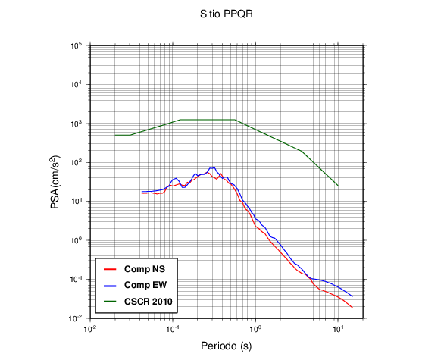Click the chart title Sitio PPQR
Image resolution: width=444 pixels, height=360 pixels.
(227, 14)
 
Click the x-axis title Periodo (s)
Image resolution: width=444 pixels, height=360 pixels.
(227, 346)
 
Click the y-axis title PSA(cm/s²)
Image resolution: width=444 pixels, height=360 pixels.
(55, 182)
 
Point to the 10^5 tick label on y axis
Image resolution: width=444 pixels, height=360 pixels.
(77, 45)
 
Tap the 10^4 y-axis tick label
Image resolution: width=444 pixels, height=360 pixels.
(77, 85)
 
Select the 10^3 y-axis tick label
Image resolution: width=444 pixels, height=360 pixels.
(77, 124)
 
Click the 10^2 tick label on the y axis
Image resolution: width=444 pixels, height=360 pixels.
(77, 163)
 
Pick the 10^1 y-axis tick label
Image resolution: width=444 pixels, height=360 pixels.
(77, 202)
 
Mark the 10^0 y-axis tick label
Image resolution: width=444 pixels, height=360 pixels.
(77, 240)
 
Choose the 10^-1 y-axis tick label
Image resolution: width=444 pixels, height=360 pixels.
(77, 280)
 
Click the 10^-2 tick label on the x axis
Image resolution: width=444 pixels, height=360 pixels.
(90, 329)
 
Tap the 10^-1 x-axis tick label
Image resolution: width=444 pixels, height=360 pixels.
(173, 329)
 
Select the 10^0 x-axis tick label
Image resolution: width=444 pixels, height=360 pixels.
(255, 329)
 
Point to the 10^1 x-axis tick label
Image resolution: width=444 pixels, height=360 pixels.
(338, 329)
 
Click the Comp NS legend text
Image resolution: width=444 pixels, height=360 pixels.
(145, 269)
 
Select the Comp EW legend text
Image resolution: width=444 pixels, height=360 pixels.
(145, 285)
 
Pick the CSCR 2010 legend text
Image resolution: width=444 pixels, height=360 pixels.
(149, 302)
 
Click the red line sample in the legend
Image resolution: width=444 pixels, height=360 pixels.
(110, 269)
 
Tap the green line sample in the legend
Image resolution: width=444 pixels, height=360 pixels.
(110, 302)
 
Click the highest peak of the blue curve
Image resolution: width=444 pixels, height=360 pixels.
(214, 167)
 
